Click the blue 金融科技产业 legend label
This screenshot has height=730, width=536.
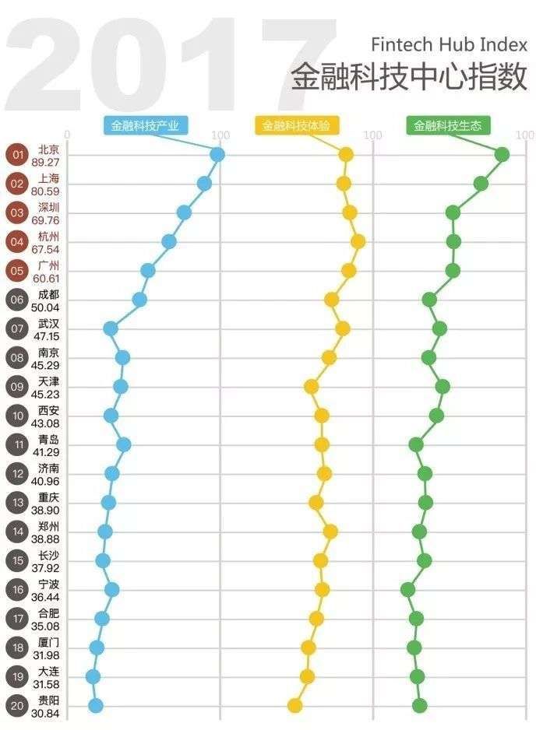[x=145, y=125]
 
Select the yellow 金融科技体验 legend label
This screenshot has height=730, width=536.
[x=296, y=125]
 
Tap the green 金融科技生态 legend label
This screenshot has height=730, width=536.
[x=448, y=125]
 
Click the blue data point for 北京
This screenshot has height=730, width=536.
[x=217, y=155]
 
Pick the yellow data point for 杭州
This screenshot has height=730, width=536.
[x=358, y=241]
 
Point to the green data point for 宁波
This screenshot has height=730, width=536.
[x=407, y=590]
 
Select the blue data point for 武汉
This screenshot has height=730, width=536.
[x=111, y=329]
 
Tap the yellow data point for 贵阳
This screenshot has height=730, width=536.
[x=294, y=706]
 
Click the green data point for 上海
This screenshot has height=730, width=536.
[x=481, y=184]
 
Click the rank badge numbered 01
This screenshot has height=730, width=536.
[x=18, y=155]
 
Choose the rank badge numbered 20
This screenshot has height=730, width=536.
[x=18, y=706]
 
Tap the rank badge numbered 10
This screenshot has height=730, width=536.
[x=18, y=416]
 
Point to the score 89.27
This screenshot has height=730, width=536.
[x=46, y=163]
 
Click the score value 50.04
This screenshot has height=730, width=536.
[x=45, y=307]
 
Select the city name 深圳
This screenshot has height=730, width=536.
[x=48, y=208]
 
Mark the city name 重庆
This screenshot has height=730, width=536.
[x=48, y=497]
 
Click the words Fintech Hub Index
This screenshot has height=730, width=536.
[x=449, y=44]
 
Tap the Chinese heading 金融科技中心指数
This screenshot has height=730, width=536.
[x=409, y=77]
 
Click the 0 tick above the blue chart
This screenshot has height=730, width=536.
[x=67, y=135]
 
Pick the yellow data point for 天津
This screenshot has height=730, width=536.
[x=311, y=387]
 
